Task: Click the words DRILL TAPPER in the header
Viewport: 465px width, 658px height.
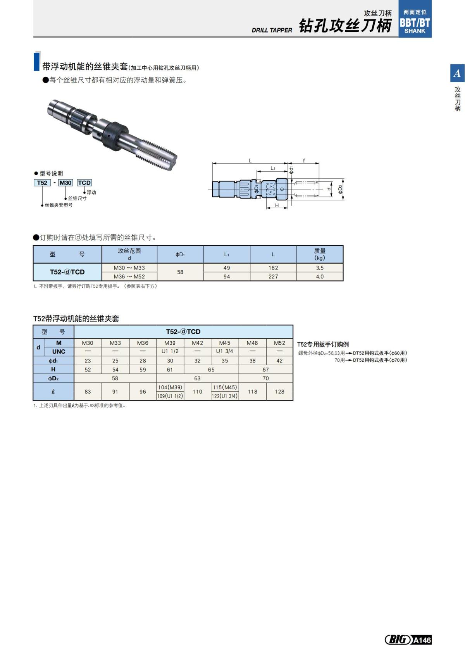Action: tap(272, 30)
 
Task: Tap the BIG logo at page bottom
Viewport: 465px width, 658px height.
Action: tap(398, 639)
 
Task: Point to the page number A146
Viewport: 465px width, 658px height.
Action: tap(422, 640)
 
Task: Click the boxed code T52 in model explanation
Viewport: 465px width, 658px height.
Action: tap(42, 183)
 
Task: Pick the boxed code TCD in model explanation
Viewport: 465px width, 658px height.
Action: tap(84, 183)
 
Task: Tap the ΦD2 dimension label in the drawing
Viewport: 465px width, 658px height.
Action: tap(340, 189)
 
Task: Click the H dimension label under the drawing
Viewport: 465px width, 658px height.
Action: tap(277, 205)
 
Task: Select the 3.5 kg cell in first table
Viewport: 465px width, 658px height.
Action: tap(320, 268)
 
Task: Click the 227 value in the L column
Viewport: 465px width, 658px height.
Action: tap(273, 276)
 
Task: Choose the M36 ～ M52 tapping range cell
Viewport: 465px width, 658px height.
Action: tap(129, 276)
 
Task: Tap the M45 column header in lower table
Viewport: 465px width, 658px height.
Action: tap(225, 343)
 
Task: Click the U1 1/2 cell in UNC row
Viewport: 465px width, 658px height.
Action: tap(170, 351)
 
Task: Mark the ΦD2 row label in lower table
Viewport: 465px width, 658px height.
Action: tap(53, 378)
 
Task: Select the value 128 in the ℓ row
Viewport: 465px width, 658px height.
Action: tap(279, 392)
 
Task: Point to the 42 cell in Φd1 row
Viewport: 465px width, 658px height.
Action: tap(279, 361)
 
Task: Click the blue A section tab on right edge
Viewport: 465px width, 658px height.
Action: tap(457, 73)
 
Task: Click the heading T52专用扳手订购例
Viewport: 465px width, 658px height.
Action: tap(323, 344)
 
